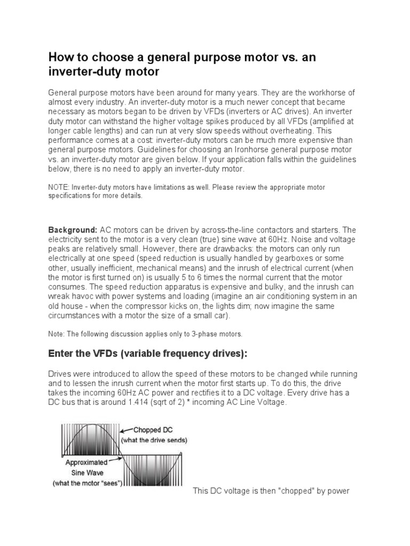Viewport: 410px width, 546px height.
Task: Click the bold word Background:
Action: point(73,229)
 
